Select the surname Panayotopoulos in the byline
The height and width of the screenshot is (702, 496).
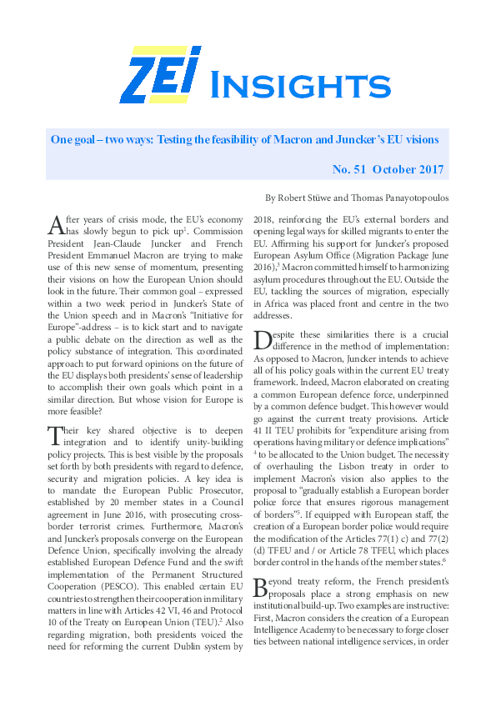tap(408, 199)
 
